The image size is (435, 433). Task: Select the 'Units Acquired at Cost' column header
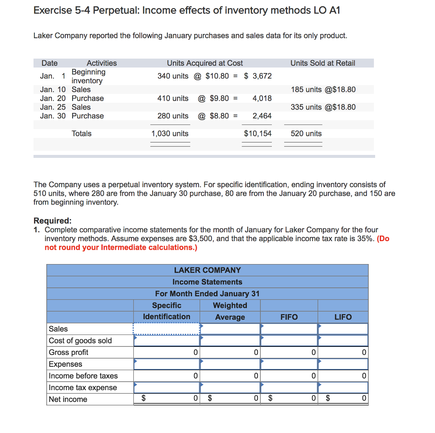click(x=205, y=63)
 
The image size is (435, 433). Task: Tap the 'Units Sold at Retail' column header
click(x=322, y=63)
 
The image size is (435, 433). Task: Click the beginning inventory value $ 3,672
click(x=258, y=76)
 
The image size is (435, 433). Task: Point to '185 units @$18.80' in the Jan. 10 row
click(x=323, y=90)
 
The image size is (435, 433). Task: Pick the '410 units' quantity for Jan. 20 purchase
click(x=173, y=98)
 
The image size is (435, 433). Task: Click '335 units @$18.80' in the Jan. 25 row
click(x=323, y=107)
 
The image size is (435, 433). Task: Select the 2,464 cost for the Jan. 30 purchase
click(x=262, y=116)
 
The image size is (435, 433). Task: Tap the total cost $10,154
click(x=257, y=134)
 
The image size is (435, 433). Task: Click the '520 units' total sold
click(x=306, y=134)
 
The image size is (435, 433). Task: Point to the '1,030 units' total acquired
click(x=170, y=134)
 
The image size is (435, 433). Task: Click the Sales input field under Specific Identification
click(x=167, y=329)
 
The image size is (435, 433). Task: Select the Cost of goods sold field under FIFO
click(x=289, y=340)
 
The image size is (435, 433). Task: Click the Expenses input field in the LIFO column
click(x=343, y=364)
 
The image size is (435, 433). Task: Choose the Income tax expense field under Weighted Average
click(x=230, y=388)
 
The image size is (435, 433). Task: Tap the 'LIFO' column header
click(x=343, y=317)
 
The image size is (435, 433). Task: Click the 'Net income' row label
click(x=68, y=399)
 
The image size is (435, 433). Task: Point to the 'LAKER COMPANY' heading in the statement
click(x=207, y=270)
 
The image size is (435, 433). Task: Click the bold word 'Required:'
click(x=52, y=221)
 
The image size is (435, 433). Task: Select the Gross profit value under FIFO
click(x=289, y=352)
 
